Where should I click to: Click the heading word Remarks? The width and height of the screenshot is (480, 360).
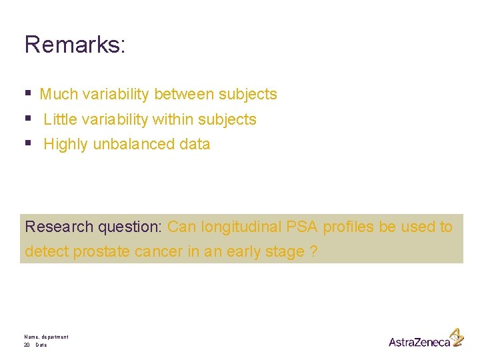tap(73, 45)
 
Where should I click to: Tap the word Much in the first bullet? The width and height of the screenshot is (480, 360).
tap(58, 95)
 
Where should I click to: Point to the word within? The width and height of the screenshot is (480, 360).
tap(172, 119)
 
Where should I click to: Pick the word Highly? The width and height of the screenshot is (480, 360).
tap(65, 144)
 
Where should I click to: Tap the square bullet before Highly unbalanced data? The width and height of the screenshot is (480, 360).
tap(28, 143)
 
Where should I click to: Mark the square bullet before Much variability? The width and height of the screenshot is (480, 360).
tap(28, 94)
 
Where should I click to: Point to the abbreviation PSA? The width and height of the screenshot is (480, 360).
tap(303, 227)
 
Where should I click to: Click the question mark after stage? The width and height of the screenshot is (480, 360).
tap(313, 252)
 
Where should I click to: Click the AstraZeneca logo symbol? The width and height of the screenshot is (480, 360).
tap(456, 337)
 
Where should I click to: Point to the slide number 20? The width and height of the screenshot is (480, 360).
tap(27, 345)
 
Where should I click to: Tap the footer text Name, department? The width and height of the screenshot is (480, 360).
tap(46, 337)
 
